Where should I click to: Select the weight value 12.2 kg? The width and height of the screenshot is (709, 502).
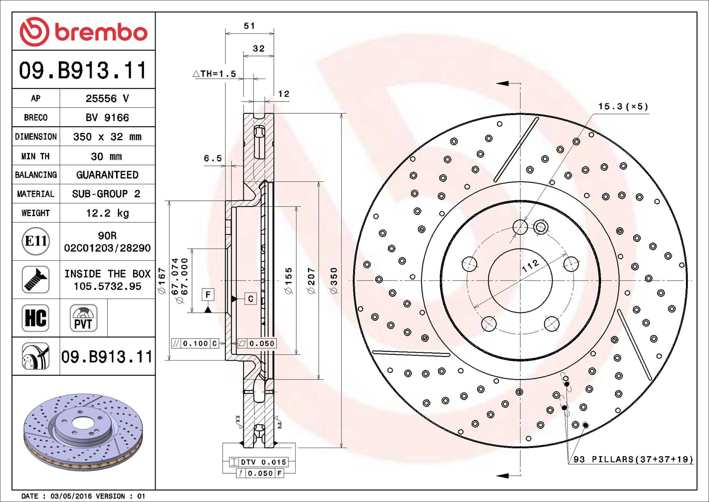tap(107, 213)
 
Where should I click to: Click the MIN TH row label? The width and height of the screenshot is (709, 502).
tap(36, 156)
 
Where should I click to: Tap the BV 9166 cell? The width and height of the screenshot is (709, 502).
tap(107, 117)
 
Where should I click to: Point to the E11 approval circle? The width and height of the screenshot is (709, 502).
tap(36, 241)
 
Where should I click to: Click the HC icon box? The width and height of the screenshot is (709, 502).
tap(36, 318)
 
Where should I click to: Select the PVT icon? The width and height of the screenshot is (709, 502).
tap(84, 318)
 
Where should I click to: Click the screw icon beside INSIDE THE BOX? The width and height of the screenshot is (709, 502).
tap(36, 280)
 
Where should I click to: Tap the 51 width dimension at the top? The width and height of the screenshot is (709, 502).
tap(249, 26)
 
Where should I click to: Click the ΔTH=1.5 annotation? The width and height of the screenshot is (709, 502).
tap(215, 73)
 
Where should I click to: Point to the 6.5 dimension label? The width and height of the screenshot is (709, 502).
tap(213, 159)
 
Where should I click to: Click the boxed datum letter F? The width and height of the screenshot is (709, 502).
tap(208, 294)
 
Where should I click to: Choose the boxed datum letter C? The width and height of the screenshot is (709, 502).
tap(251, 299)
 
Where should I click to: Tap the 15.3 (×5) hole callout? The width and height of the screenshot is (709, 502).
tap(623, 106)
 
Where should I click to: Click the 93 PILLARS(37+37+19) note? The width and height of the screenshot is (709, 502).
tap(633, 459)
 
